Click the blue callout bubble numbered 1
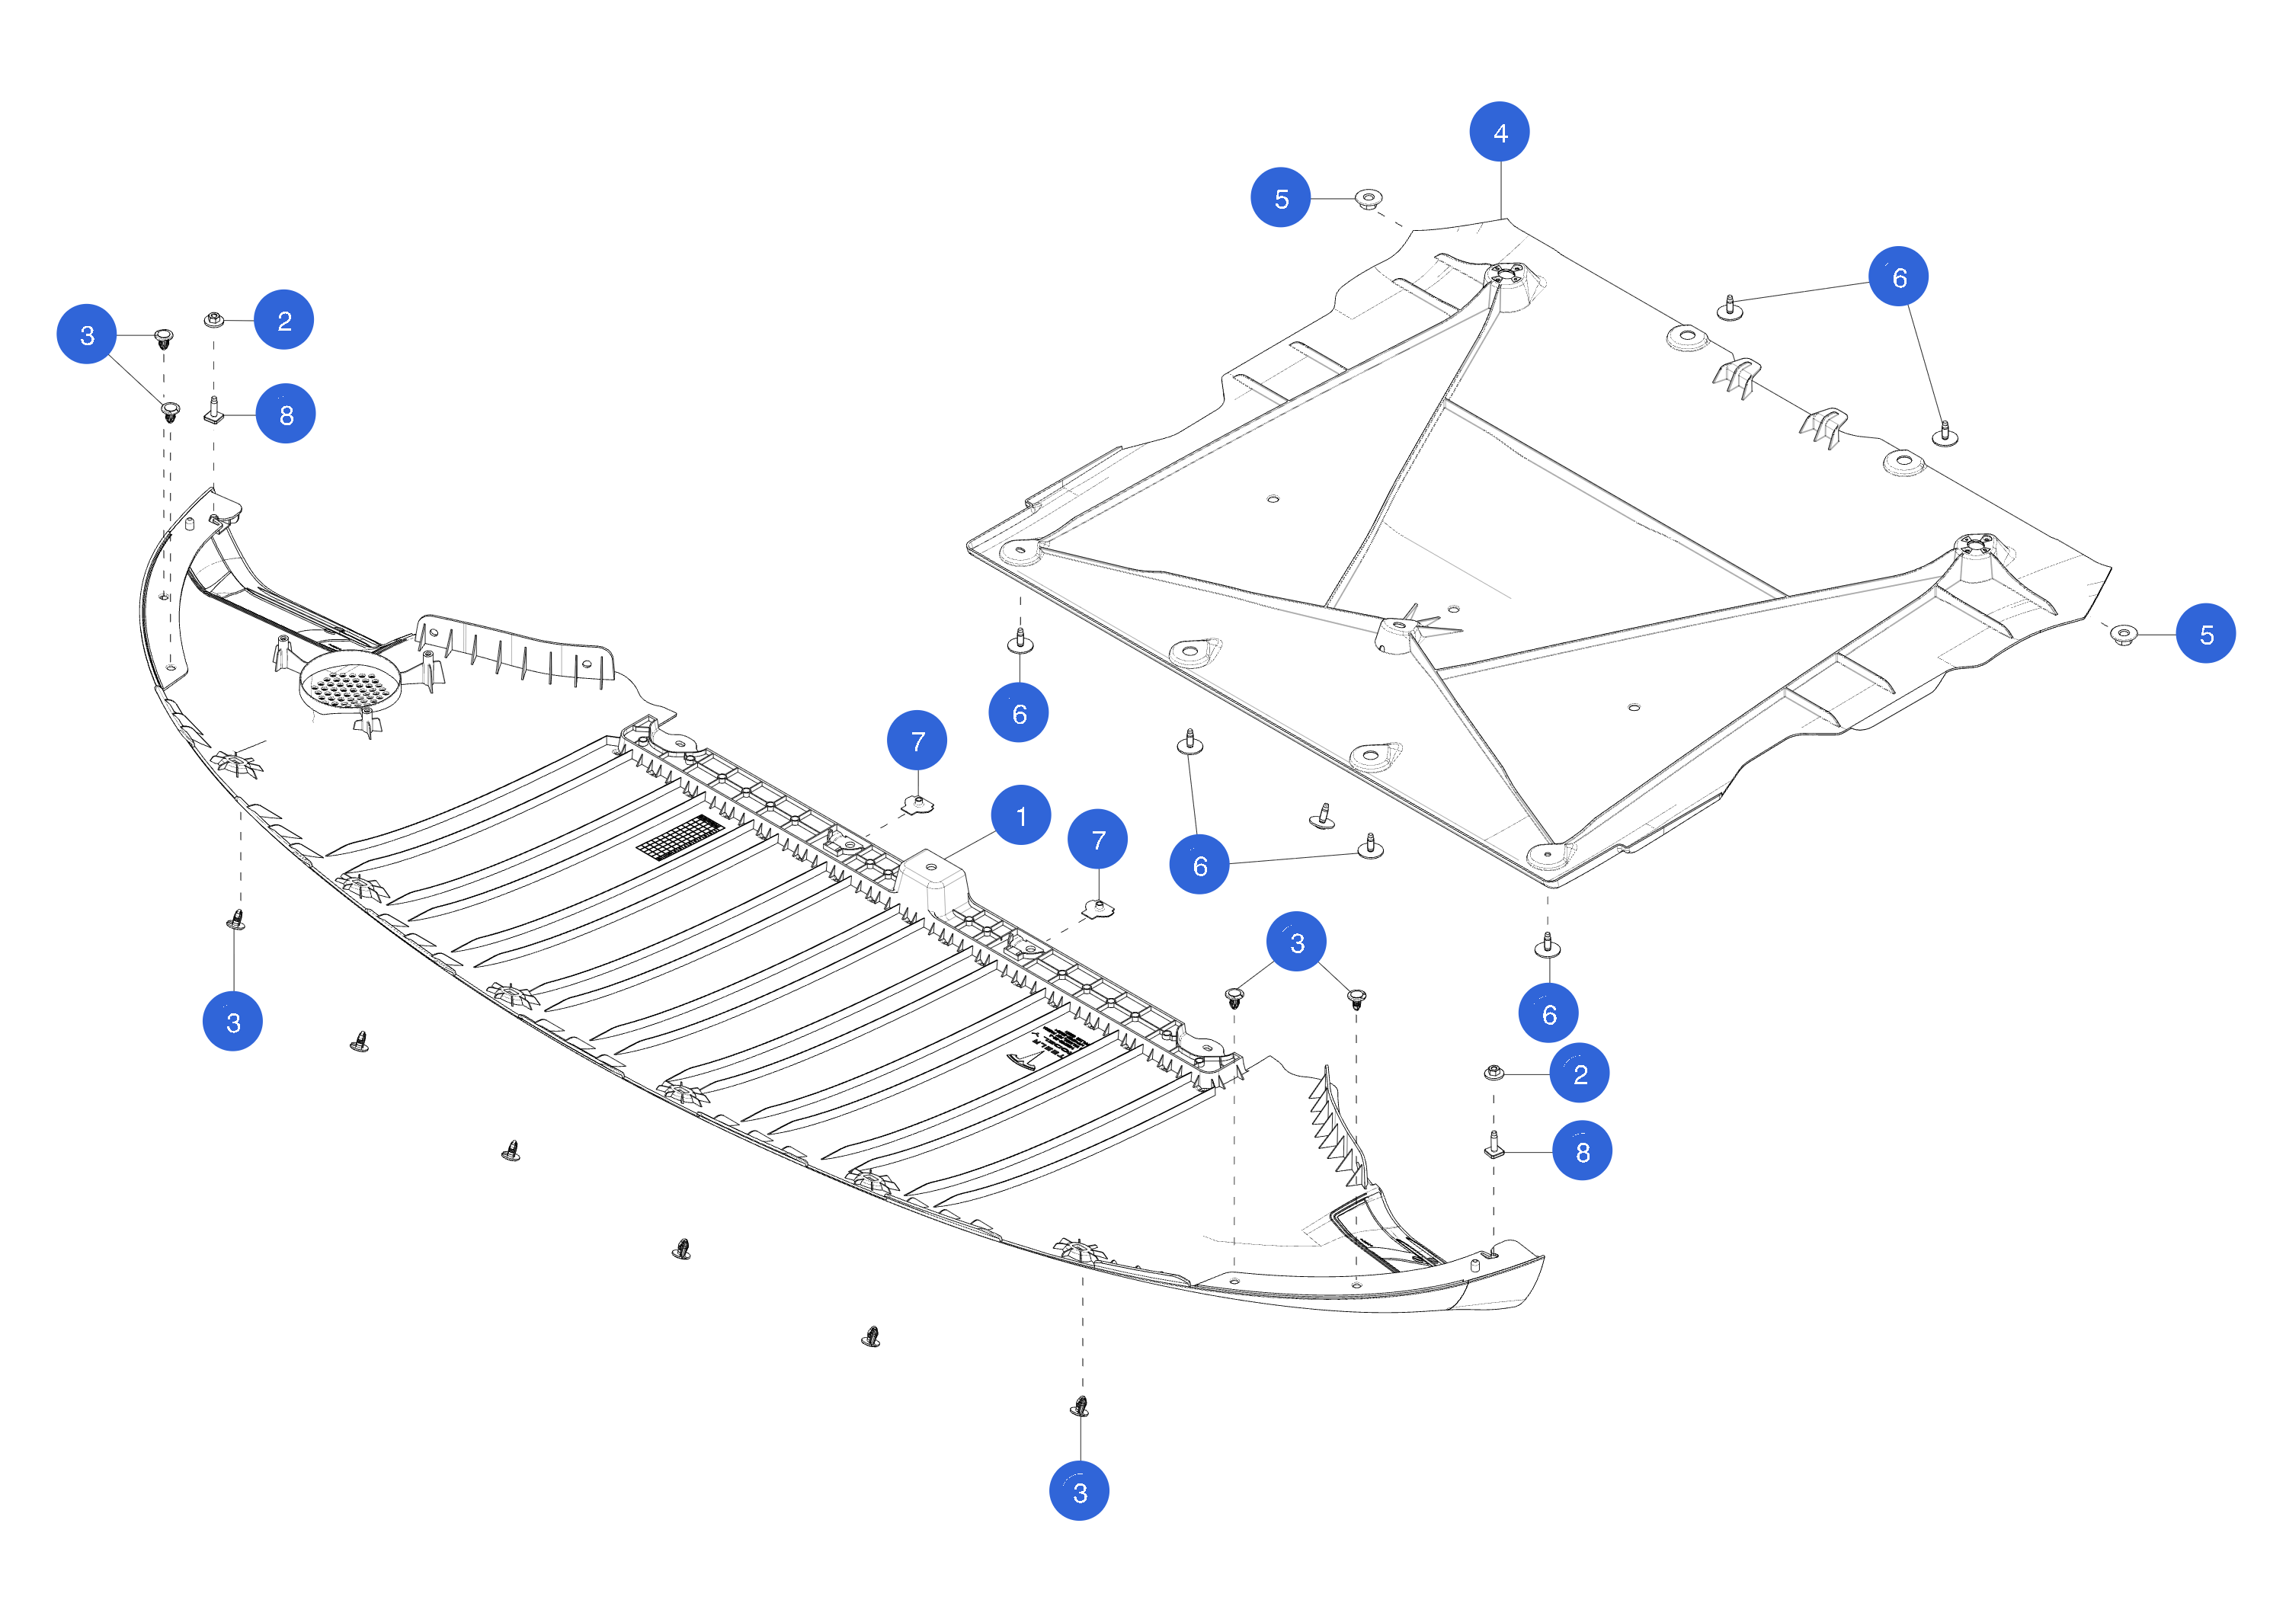1020,814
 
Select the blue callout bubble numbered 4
1500,132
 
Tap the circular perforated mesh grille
351,683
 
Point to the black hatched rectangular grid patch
681,837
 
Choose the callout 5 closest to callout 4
1280,197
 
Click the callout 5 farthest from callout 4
2205,633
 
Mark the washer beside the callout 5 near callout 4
1369,198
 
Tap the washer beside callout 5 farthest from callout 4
2124,634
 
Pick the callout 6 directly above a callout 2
1548,1013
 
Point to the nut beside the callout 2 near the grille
213,319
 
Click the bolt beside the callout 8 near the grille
213,410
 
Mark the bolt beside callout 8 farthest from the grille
1493,1146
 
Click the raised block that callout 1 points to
931,876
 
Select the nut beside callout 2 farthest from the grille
1494,1072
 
